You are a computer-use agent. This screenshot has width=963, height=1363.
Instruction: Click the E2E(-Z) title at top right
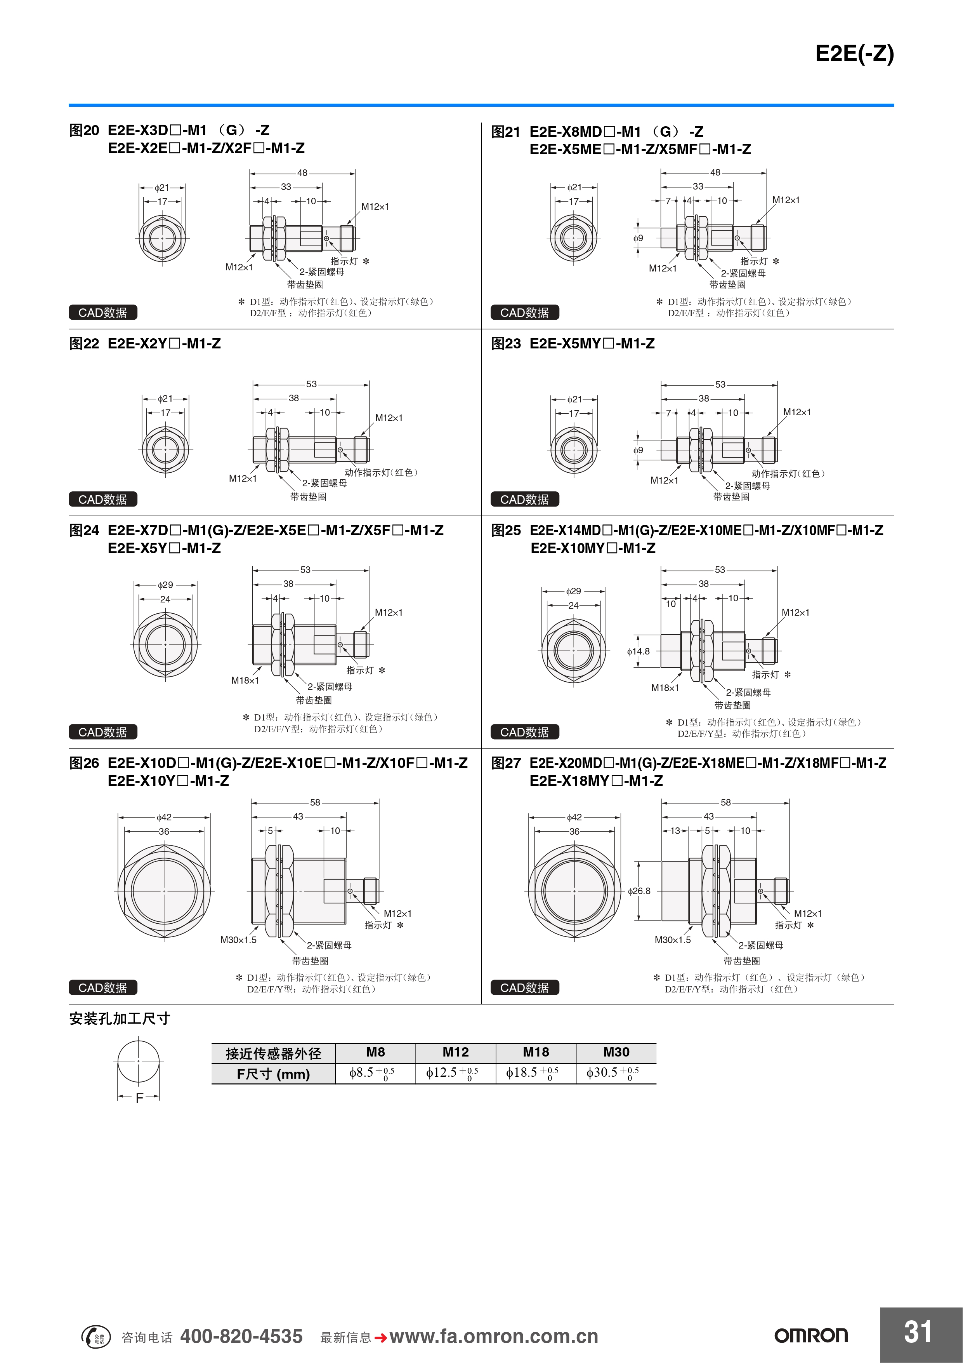854,54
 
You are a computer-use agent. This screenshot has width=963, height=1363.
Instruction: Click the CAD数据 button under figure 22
102,499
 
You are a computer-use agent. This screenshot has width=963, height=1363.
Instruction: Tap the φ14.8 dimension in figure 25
639,651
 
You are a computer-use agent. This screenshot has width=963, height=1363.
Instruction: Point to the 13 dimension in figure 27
675,830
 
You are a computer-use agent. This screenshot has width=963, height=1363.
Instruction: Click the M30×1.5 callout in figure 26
239,940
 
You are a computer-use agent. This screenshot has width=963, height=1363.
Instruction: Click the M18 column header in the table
536,1052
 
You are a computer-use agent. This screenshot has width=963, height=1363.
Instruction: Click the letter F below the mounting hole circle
139,1098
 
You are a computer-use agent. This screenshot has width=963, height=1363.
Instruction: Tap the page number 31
918,1332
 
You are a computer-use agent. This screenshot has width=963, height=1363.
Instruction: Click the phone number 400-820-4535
241,1336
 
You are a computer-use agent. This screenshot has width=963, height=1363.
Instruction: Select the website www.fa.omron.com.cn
494,1336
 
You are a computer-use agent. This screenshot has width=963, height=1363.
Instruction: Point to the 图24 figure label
84,530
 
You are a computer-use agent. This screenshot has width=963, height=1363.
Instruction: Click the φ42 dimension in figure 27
574,817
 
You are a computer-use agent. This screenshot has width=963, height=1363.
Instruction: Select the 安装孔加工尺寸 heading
120,1019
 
